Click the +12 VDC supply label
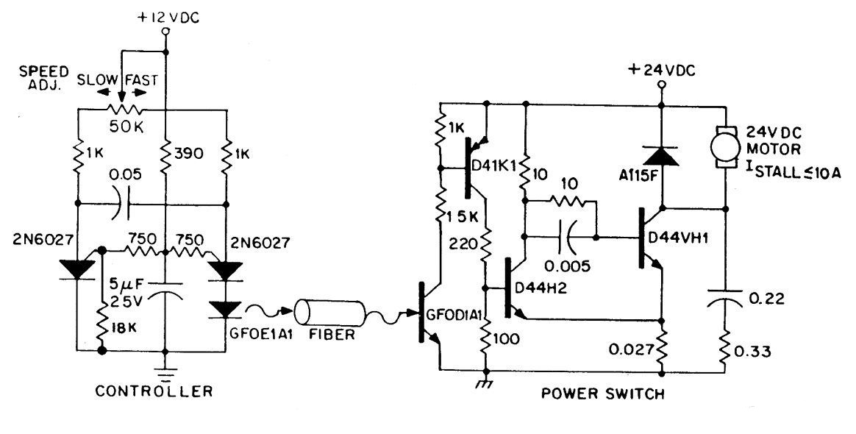pos(168,18)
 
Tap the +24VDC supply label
pos(662,71)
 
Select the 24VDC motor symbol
pos(726,147)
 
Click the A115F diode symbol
pos(661,156)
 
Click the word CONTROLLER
pos(154,391)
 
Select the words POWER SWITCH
pos(603,393)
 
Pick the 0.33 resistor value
pos(752,352)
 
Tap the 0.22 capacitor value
pos(766,299)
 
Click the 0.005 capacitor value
pos(567,266)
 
